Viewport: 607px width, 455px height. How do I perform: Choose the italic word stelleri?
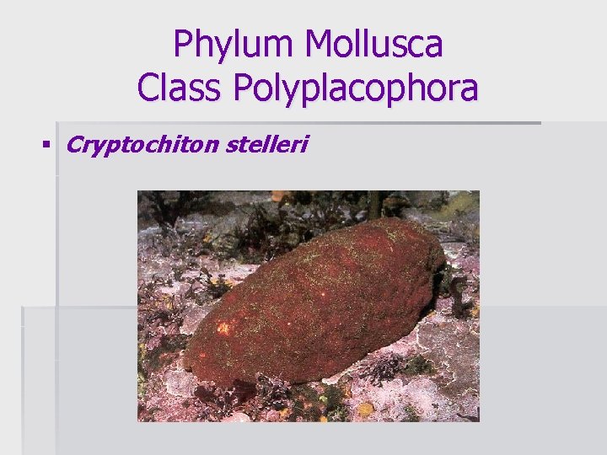(x=267, y=145)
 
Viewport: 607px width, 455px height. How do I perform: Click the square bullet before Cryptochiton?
(x=45, y=145)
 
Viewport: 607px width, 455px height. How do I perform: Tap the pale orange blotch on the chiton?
(x=224, y=327)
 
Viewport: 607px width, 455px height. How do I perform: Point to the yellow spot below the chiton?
(x=365, y=409)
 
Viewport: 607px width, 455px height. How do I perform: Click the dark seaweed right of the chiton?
(x=458, y=291)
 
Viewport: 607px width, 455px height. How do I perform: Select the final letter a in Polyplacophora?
(x=468, y=89)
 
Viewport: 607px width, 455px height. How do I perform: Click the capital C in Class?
(x=149, y=88)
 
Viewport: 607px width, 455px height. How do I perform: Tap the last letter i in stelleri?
(x=304, y=145)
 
